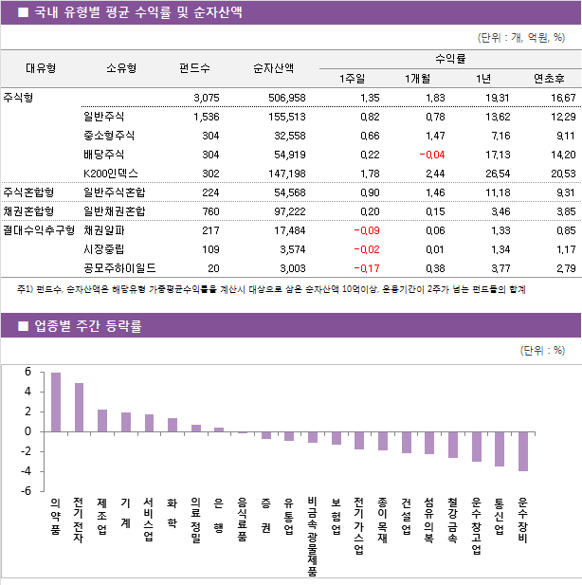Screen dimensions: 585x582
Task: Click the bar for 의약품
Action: click(x=56, y=402)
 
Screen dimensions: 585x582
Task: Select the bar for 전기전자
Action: click(x=79, y=408)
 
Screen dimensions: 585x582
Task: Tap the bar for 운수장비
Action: click(x=523, y=450)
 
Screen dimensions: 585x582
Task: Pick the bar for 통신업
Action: click(x=500, y=448)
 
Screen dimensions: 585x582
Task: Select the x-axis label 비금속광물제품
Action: click(x=312, y=537)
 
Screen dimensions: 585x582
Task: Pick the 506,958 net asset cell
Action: click(x=285, y=98)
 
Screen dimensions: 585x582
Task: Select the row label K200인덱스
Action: click(x=111, y=174)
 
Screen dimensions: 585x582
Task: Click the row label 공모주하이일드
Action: click(x=119, y=268)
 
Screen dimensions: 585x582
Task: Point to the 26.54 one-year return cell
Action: click(x=497, y=174)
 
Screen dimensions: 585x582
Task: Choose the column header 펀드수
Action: click(x=194, y=68)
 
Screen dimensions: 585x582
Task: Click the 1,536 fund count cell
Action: click(x=206, y=117)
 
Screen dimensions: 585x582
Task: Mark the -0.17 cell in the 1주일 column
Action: click(x=366, y=268)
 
